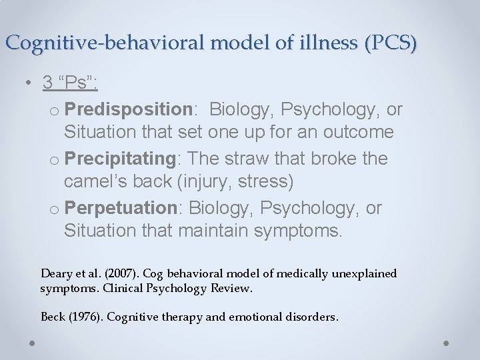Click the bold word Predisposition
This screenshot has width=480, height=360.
[x=129, y=109]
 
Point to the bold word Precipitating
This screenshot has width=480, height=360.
[x=127, y=159]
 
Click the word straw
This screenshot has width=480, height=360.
[x=263, y=159]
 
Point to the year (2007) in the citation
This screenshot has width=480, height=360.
[x=103, y=274]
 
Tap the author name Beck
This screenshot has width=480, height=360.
[x=53, y=317]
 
